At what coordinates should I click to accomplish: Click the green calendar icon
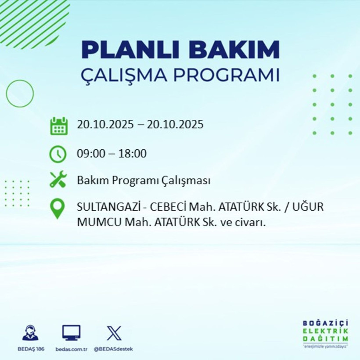pyautogui.click(x=58, y=126)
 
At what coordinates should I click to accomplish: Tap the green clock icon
pyautogui.click(x=58, y=154)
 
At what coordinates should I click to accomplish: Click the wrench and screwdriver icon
pyautogui.click(x=58, y=180)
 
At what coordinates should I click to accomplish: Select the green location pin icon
pyautogui.click(x=58, y=209)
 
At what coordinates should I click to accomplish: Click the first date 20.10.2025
pyautogui.click(x=105, y=125)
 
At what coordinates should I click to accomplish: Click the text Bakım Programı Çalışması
pyautogui.click(x=144, y=180)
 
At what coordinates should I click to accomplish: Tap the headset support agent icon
pyautogui.click(x=30, y=333)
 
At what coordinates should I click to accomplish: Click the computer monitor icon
pyautogui.click(x=71, y=333)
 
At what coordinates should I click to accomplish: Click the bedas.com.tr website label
pyautogui.click(x=72, y=349)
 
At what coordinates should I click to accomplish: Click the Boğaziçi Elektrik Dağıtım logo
pyautogui.click(x=325, y=333)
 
